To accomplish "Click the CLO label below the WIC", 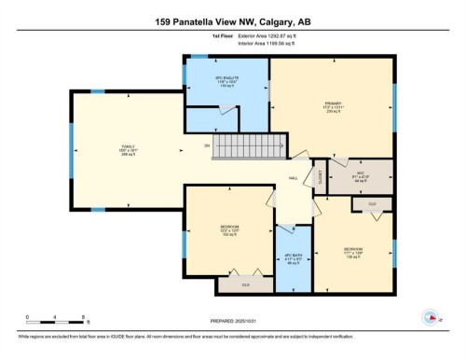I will (x=372, y=203).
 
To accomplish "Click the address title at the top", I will (x=232, y=21).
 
